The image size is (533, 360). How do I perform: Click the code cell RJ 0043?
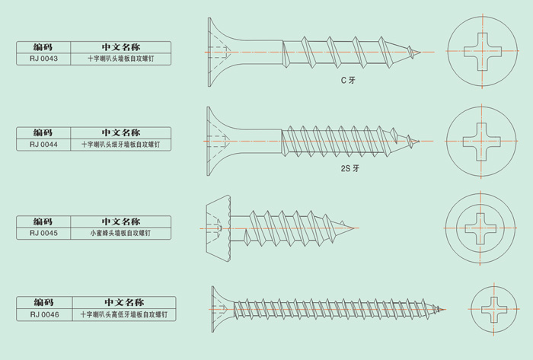tap(43, 59)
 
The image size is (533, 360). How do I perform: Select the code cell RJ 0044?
tap(43, 145)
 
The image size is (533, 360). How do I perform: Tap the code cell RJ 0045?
tap(43, 233)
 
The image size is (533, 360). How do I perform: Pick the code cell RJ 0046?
tap(44, 314)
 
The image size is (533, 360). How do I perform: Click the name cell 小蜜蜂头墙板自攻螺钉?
tap(120, 233)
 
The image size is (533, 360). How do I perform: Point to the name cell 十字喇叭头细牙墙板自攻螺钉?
tap(120, 145)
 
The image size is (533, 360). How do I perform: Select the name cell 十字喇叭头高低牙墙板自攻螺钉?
tap(123, 314)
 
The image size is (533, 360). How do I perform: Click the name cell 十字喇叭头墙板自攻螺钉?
tap(120, 59)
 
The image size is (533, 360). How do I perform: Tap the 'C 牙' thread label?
tap(348, 80)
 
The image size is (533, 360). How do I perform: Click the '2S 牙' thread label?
tap(349, 168)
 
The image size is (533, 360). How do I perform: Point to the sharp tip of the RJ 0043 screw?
tap(420, 52)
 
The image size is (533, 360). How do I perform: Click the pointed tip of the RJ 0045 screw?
tap(355, 228)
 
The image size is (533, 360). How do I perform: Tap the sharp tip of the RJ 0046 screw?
tap(445, 310)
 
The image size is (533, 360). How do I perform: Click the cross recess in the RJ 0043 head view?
tap(482, 52)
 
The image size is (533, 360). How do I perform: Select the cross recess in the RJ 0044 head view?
tap(481, 142)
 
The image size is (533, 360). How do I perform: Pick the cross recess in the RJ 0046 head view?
tap(494, 310)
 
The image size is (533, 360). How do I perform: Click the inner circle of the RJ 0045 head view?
tap(480, 209)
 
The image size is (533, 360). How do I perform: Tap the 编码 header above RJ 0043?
tap(43, 47)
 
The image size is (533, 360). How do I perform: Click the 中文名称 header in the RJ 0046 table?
tap(124, 302)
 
